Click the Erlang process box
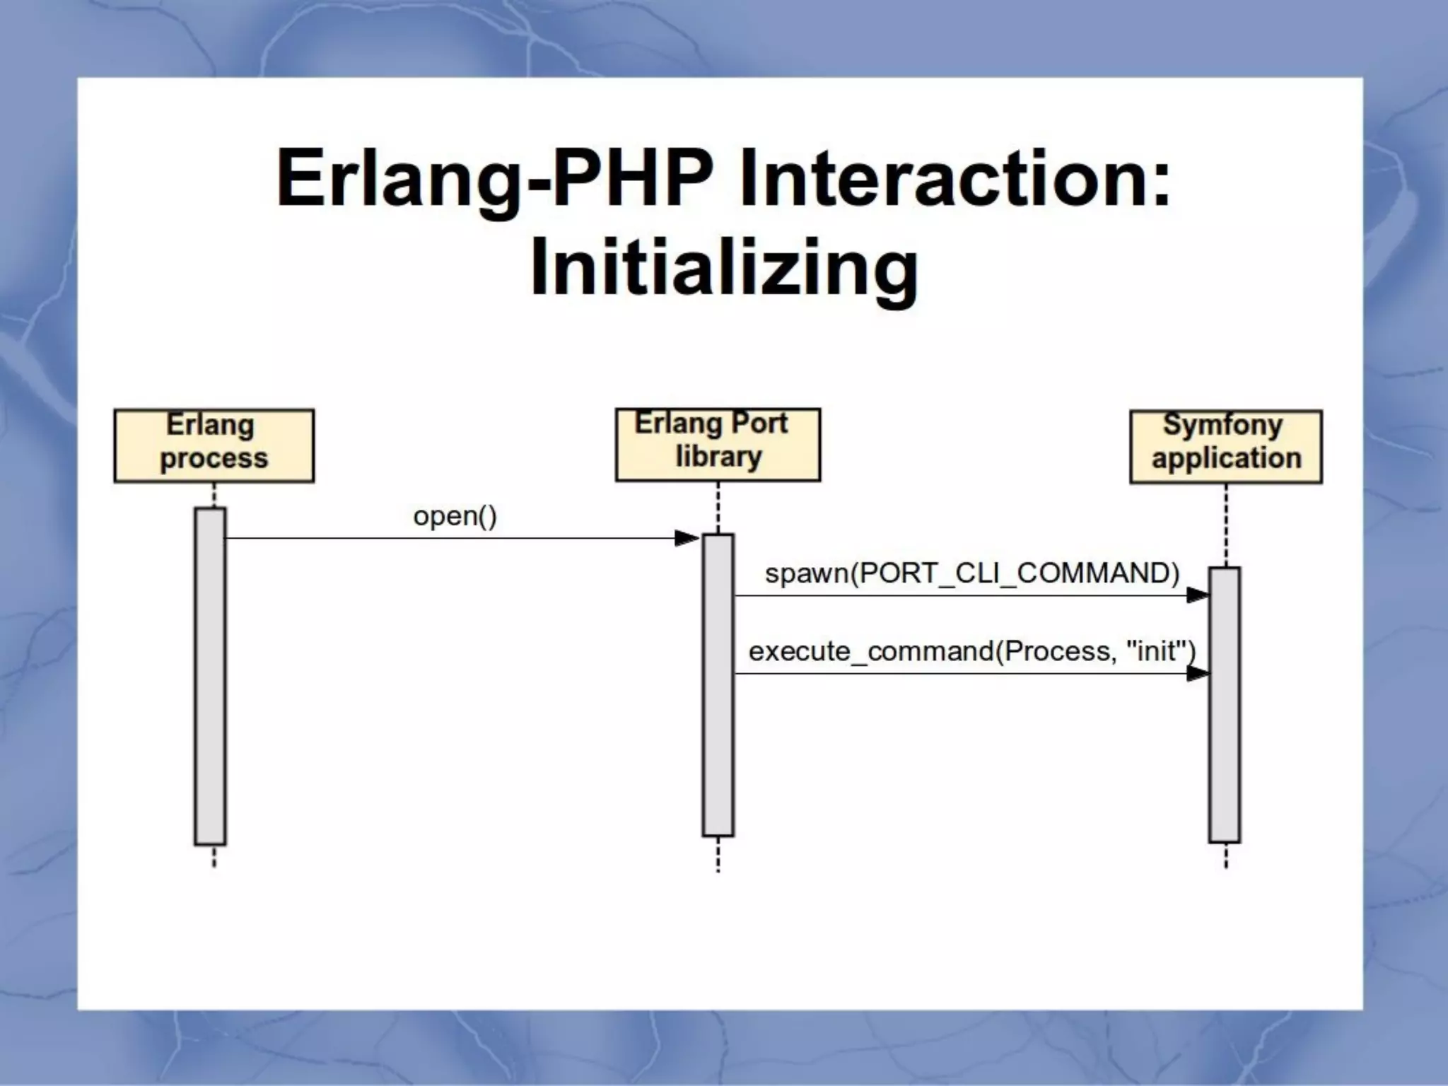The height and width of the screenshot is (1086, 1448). (214, 445)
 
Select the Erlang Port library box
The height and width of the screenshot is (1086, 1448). (718, 445)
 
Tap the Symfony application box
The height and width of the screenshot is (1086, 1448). (1226, 447)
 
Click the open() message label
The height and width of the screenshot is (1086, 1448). (455, 516)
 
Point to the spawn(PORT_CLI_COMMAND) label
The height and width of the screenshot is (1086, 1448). (972, 573)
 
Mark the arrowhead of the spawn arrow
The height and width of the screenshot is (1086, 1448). (1197, 595)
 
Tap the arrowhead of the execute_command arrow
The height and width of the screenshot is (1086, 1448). (1197, 674)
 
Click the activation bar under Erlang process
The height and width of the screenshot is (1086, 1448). (211, 676)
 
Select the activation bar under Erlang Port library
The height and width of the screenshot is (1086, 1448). (718, 684)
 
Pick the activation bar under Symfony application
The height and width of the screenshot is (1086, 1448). (1225, 704)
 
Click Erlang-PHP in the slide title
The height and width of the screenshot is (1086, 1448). (495, 177)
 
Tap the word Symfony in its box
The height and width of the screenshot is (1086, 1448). (1223, 425)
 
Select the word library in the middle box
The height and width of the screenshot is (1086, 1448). (718, 457)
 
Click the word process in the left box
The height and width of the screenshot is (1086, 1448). (214, 458)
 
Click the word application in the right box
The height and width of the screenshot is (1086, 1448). (1227, 458)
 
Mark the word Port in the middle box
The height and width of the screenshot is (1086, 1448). (759, 424)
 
